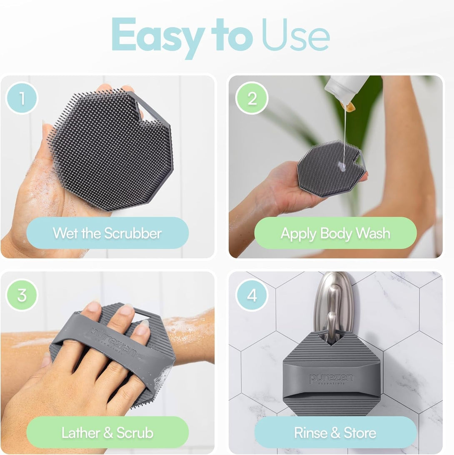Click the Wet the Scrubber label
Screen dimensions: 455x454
(107, 233)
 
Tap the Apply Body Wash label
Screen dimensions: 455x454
(335, 233)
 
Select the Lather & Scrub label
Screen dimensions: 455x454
(107, 432)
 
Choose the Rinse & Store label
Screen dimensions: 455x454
(335, 432)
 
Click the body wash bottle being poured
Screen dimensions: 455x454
(346, 90)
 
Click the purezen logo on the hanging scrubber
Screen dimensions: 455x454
(332, 379)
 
